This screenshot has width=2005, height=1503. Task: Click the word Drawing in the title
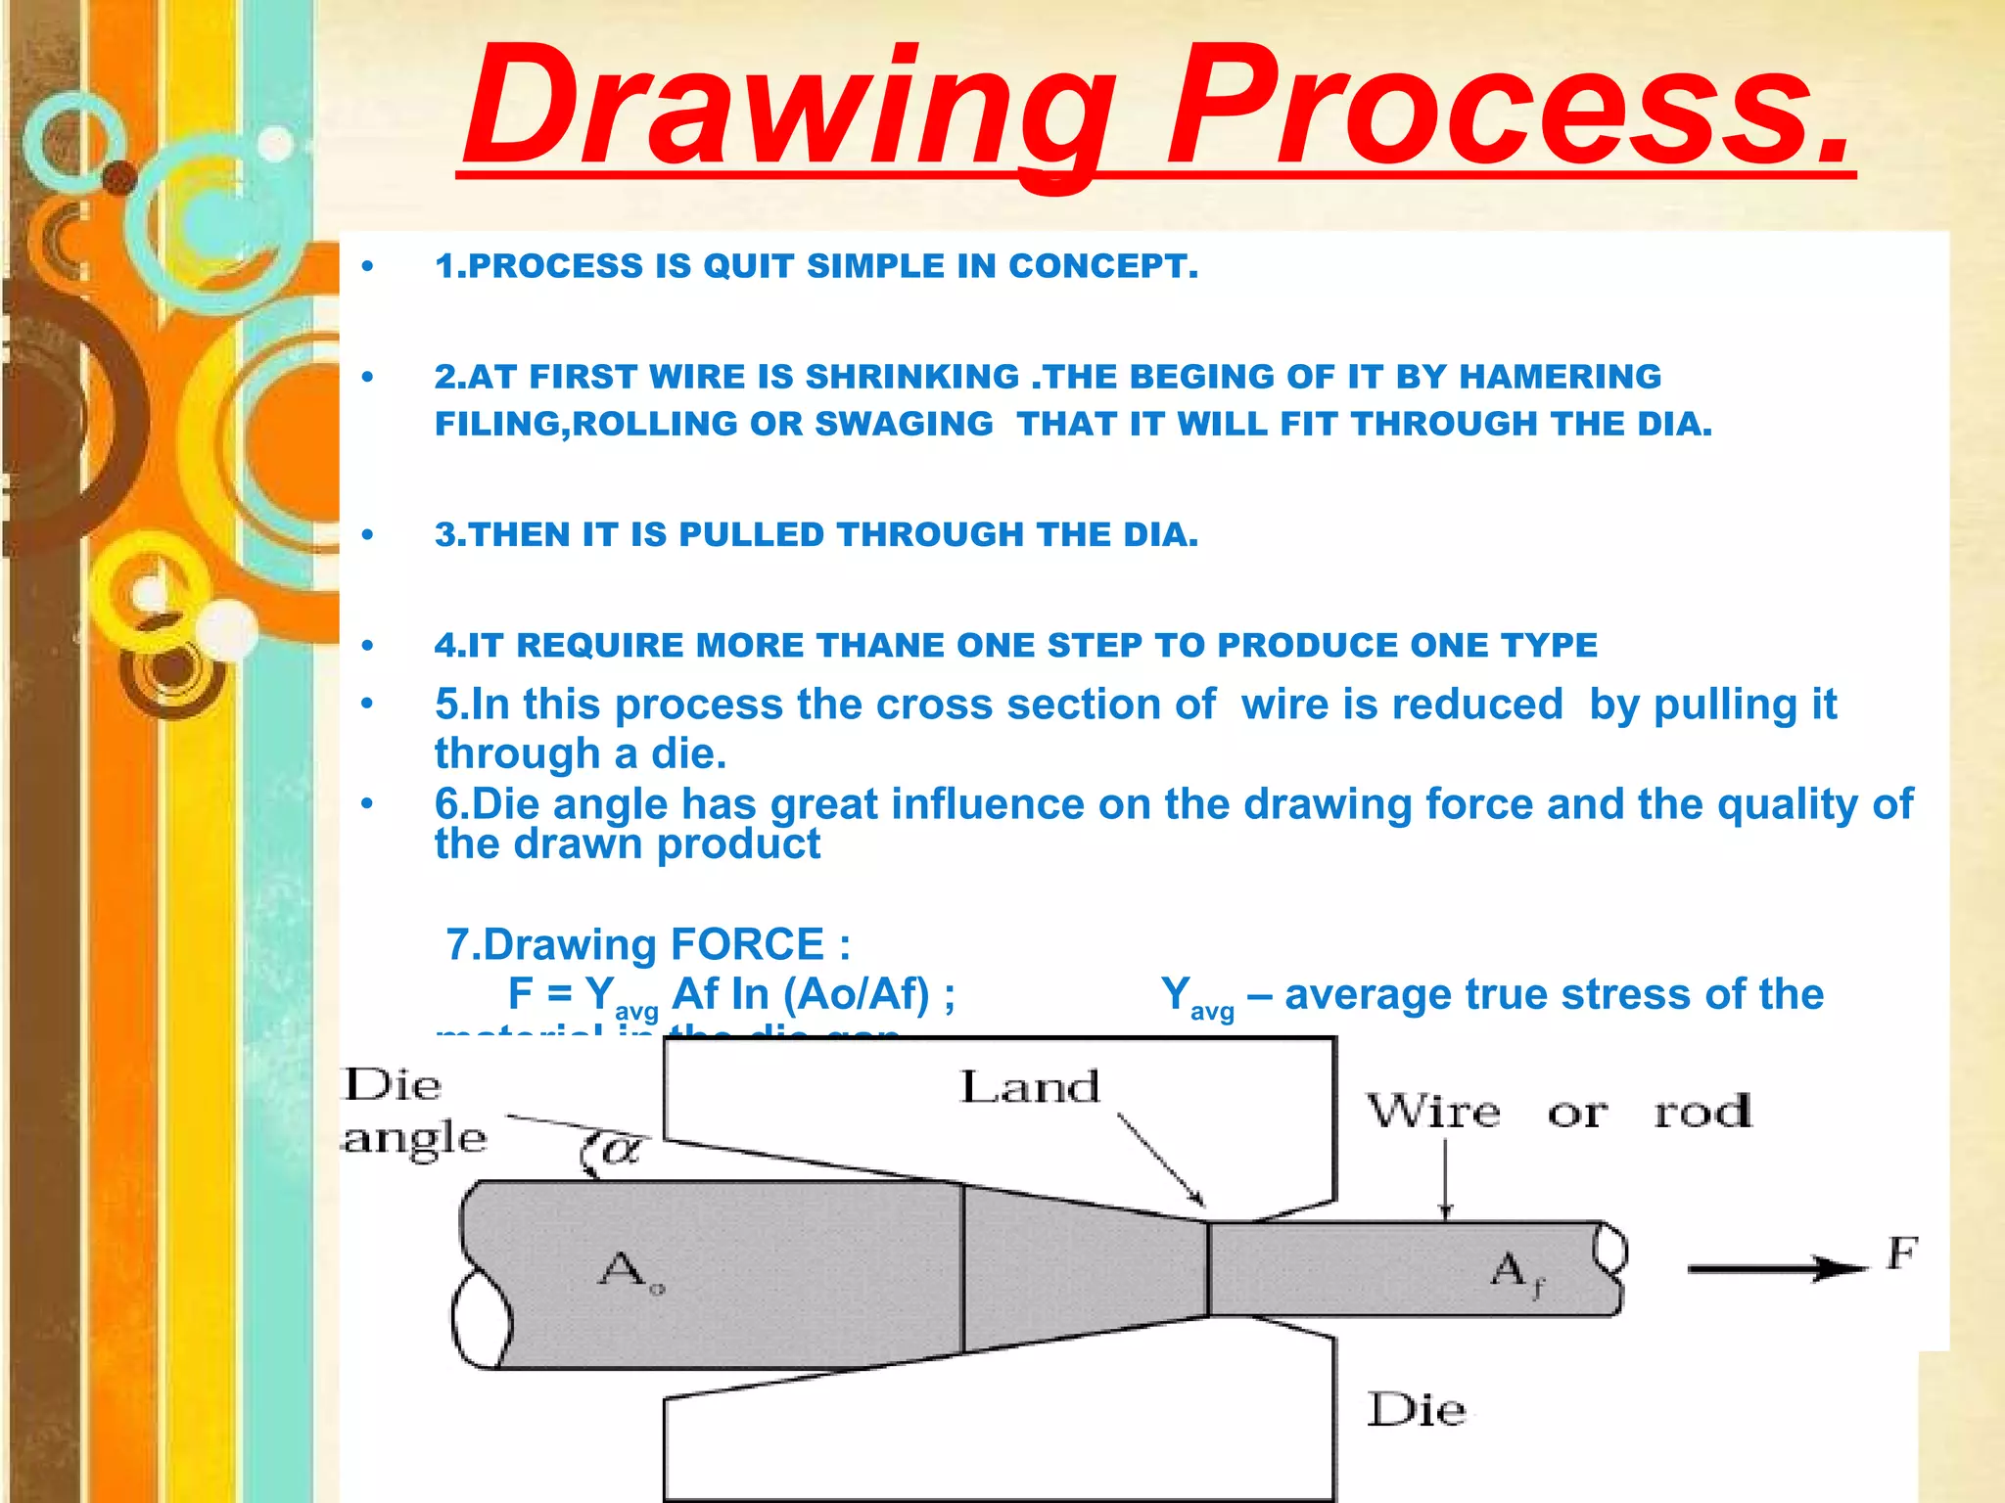point(788,108)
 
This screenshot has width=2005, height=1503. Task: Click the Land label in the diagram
point(1030,1087)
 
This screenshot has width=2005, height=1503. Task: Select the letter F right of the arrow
point(1901,1253)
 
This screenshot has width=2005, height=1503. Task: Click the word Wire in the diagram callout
point(1432,1113)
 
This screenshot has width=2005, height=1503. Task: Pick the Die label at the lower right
point(1416,1410)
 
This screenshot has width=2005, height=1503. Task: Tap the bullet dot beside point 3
point(367,535)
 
